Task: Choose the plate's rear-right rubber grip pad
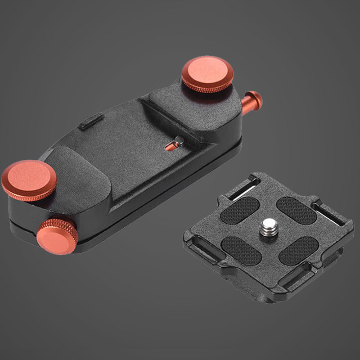point(296,210)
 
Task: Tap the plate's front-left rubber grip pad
point(241,250)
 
